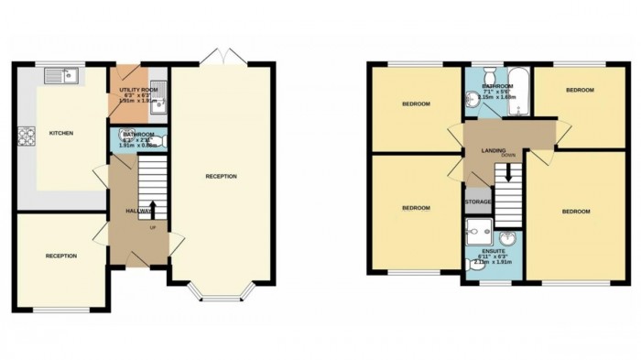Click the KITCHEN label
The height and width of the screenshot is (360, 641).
[61, 134]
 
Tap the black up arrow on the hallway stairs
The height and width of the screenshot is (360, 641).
[152, 210]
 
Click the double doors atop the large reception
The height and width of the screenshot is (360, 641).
[223, 60]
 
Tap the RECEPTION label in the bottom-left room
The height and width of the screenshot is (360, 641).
[61, 256]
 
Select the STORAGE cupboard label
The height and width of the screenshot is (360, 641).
[479, 202]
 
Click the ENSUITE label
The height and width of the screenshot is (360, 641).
[493, 248]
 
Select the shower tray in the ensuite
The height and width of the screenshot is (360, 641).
[479, 229]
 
